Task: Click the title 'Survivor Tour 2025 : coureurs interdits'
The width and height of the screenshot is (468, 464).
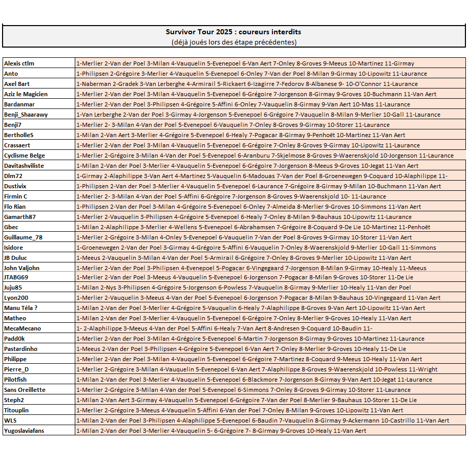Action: [233, 32]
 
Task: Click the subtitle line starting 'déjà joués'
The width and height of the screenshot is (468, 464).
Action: [233, 42]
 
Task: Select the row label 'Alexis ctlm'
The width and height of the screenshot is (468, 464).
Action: [19, 63]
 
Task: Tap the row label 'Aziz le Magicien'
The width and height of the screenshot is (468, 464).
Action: [26, 94]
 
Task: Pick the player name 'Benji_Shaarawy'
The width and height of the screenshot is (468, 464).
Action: [26, 115]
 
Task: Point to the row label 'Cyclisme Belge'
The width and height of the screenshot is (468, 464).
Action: [24, 156]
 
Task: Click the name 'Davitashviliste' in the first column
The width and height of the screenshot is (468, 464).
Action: [24, 166]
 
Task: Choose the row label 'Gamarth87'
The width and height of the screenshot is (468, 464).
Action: [20, 217]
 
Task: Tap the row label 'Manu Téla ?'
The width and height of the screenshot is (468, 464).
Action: [21, 308]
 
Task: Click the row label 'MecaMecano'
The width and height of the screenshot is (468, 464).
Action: [23, 328]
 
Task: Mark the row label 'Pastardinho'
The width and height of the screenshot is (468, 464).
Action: [21, 349]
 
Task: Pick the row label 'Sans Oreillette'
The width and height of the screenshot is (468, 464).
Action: [25, 390]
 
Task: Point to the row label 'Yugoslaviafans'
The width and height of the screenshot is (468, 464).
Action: [24, 431]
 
